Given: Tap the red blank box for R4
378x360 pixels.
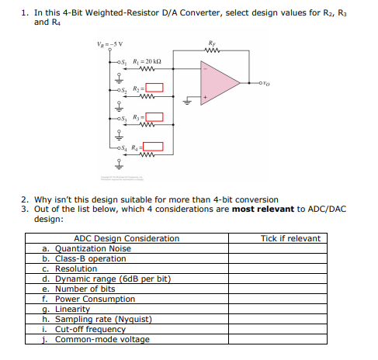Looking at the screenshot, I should (x=154, y=146).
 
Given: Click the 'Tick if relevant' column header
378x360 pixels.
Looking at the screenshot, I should (x=290, y=238).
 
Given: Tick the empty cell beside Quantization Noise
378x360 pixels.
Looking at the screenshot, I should (x=290, y=248).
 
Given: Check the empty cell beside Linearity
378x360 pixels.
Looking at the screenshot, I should (x=290, y=309).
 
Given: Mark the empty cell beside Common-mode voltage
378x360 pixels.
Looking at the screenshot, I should (x=290, y=339).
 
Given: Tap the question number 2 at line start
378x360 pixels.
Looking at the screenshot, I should (x=24, y=200).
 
